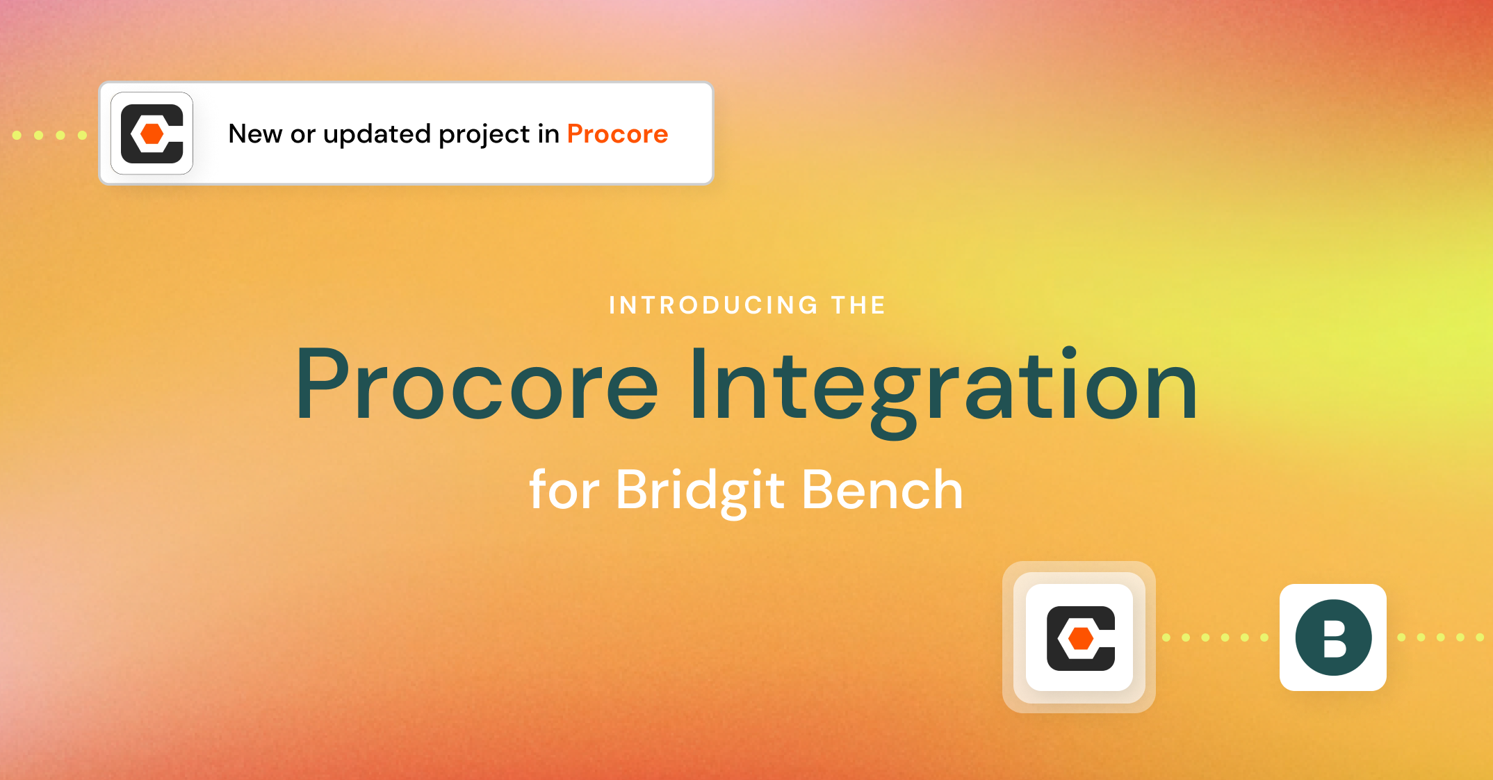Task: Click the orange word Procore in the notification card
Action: coord(617,133)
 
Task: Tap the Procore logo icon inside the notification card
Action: coord(152,133)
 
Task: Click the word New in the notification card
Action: coord(255,133)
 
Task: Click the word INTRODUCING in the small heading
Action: coord(714,305)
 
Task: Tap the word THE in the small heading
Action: coord(858,305)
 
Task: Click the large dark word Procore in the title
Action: coord(476,386)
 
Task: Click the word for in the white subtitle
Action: coord(564,490)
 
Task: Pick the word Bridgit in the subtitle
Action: coord(700,491)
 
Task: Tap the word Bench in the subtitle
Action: coord(882,490)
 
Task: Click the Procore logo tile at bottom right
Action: coord(1079,637)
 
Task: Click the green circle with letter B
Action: coord(1333,637)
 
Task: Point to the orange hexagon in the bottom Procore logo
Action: coord(1081,637)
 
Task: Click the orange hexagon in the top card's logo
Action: coord(152,133)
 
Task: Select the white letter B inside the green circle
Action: coord(1335,638)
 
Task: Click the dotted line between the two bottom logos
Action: coord(1215,637)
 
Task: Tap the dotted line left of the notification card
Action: coord(49,135)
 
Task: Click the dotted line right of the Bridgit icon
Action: coord(1440,637)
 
